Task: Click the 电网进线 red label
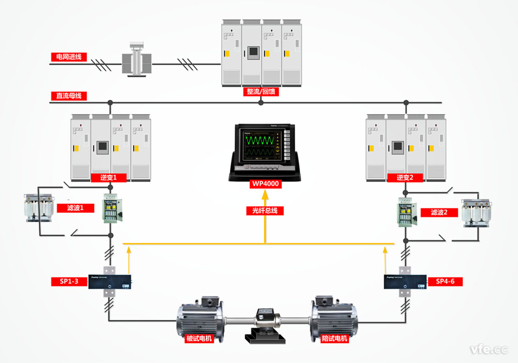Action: tap(69, 57)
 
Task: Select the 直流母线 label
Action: tap(69, 96)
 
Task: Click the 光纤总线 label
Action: tap(265, 211)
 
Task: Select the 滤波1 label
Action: tap(83, 207)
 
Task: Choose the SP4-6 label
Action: tap(445, 282)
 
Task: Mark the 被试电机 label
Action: tap(199, 339)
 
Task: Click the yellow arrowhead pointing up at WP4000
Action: tap(265, 196)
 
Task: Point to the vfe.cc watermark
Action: tap(487, 348)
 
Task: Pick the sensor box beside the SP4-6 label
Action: tap(405, 282)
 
